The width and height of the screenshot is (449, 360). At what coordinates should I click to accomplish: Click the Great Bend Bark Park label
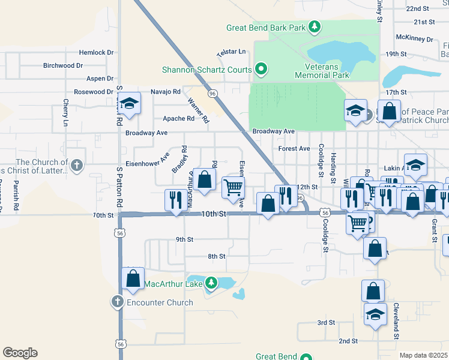pyautogui.click(x=267, y=28)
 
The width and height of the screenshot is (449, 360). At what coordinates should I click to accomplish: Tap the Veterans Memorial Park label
pyautogui.click(x=322, y=71)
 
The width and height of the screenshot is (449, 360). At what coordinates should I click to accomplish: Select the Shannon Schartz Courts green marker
pyautogui.click(x=261, y=70)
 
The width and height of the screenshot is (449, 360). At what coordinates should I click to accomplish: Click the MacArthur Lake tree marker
pyautogui.click(x=211, y=282)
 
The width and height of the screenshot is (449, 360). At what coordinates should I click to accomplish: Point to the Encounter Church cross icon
pyautogui.click(x=117, y=302)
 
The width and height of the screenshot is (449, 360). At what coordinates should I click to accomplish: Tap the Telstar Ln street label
pyautogui.click(x=234, y=52)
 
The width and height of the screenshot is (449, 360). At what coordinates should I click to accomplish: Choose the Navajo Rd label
pyautogui.click(x=165, y=91)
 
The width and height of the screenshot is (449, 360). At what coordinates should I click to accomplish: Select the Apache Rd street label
pyautogui.click(x=182, y=118)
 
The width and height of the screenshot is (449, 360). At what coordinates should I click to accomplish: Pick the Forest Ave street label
pyautogui.click(x=294, y=148)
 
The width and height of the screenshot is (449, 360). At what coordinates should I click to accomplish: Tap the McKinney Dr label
pyautogui.click(x=414, y=38)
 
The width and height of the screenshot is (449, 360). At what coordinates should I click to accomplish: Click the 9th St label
pyautogui.click(x=184, y=239)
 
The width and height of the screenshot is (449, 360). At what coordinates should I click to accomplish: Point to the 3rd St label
pyautogui.click(x=326, y=322)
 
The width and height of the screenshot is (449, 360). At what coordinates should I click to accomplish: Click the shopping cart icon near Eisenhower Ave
pyautogui.click(x=233, y=186)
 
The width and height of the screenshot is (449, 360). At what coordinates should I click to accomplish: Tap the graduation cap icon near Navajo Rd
pyautogui.click(x=129, y=103)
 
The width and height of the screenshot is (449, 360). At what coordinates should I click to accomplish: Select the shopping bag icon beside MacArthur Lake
pyautogui.click(x=133, y=278)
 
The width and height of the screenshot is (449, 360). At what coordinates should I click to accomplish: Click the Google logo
pyautogui.click(x=20, y=353)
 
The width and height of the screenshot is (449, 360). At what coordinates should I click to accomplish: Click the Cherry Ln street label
pyautogui.click(x=65, y=113)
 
